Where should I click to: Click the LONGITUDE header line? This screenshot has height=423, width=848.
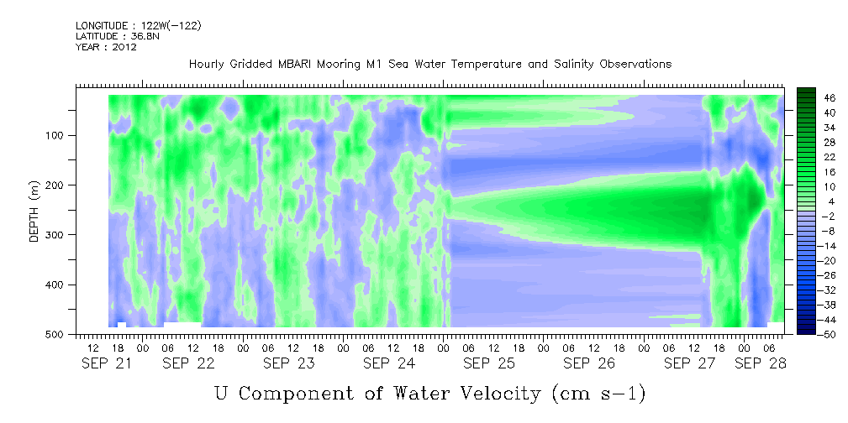coord(139,25)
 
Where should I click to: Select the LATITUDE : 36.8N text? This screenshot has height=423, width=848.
coord(118,36)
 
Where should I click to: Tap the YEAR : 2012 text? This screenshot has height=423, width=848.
coord(106,47)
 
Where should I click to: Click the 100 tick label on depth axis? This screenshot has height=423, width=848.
coord(58,135)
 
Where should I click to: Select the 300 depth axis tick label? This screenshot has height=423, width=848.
coord(58,235)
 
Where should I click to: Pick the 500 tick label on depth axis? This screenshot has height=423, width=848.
coord(58,334)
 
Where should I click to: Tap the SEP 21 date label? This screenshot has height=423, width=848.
coord(106,364)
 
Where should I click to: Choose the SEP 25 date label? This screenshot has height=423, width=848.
coord(489,364)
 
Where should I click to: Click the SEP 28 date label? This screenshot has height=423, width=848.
coord(760,364)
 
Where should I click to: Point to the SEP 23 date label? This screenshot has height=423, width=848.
coord(289,364)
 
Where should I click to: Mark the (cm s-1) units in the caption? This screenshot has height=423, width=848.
coord(599,394)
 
